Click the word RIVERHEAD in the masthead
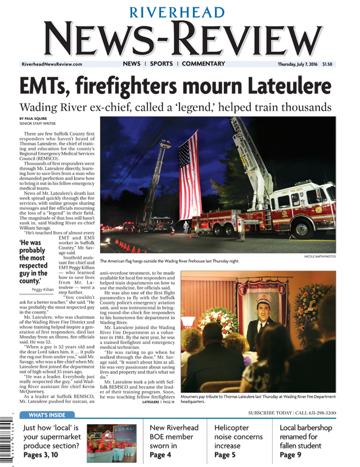coord(179,12)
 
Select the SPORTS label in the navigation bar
coord(161,64)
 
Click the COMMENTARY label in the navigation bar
coord(203,64)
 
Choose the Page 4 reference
coord(160,455)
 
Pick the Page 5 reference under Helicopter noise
coord(226,455)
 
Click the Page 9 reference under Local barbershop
coord(290,455)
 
